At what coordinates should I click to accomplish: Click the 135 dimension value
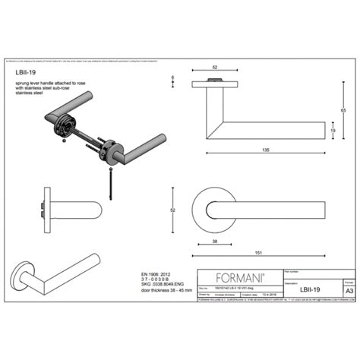click(x=265, y=150)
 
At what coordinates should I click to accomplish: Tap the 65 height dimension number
click(x=343, y=111)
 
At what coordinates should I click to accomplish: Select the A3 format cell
click(x=349, y=290)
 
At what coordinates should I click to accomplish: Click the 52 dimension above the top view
click(x=215, y=67)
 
